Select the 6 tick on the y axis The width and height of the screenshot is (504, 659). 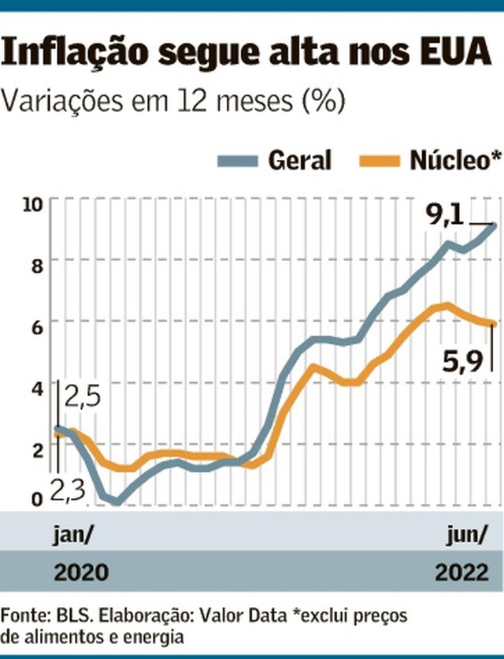click(x=36, y=323)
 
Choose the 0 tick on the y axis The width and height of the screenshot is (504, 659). click(x=36, y=499)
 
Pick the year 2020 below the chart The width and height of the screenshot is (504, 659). click(x=80, y=572)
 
